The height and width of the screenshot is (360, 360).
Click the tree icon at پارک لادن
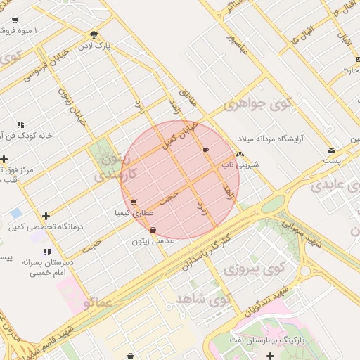94,34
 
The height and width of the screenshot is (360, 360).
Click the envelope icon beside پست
331,150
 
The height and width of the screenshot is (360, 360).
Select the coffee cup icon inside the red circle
205,150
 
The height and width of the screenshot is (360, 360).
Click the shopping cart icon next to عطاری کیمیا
134,202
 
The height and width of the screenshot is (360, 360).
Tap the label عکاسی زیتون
150,241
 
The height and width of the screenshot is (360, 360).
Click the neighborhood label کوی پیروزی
254,269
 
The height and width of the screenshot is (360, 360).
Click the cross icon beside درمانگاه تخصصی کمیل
46,216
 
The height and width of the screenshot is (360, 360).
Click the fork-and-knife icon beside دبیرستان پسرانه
46,252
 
